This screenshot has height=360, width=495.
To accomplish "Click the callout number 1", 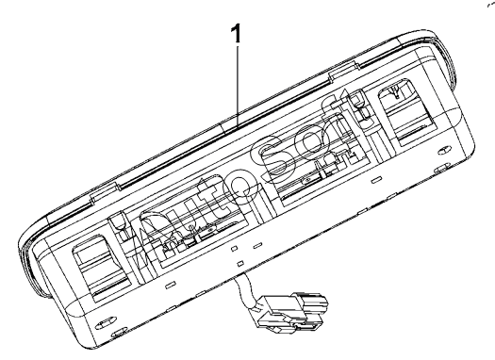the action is pyautogui.click(x=236, y=33).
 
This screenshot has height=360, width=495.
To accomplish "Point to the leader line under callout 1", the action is pyautogui.click(x=237, y=86).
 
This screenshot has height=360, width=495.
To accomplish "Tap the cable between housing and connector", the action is pyautogui.click(x=244, y=289).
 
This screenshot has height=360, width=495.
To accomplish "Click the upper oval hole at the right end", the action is pyautogui.click(x=445, y=151).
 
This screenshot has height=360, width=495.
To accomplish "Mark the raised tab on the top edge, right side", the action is pyautogui.click(x=344, y=71).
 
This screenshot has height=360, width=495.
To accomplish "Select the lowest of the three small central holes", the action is pyautogui.click(x=239, y=263).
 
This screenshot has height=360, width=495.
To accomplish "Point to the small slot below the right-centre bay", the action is pyautogui.click(x=375, y=180).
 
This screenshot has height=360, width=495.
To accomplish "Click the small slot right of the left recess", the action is pyautogui.click(x=170, y=286).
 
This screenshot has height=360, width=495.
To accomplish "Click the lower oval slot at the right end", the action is pyautogui.click(x=442, y=170).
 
